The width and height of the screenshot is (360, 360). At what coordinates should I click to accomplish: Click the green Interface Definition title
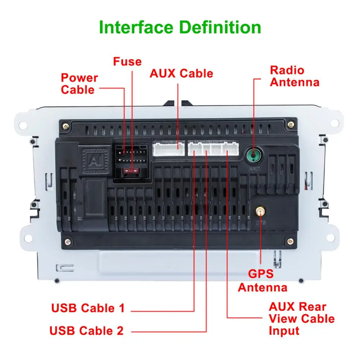pos(180,28)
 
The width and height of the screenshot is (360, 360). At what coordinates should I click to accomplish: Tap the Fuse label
pos(127,61)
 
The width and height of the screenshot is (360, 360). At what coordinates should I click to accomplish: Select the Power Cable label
pos(79,83)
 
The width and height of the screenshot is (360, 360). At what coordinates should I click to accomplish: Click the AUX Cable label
pos(181,73)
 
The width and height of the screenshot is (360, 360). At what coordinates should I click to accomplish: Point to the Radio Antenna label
pos(295,76)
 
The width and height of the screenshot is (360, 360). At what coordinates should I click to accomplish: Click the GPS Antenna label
pos(263,281)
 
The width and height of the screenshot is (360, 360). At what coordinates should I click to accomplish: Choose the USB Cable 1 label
pos(88,308)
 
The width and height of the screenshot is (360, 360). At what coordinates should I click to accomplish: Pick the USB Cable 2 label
pos(86,330)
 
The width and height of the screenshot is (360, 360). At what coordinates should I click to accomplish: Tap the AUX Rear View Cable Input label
pos(301,319)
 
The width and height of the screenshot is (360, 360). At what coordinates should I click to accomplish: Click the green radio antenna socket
pos(254,156)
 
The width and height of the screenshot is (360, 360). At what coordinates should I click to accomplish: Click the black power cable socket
pos(131,158)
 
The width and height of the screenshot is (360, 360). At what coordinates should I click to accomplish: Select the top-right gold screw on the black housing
pos(290,124)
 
